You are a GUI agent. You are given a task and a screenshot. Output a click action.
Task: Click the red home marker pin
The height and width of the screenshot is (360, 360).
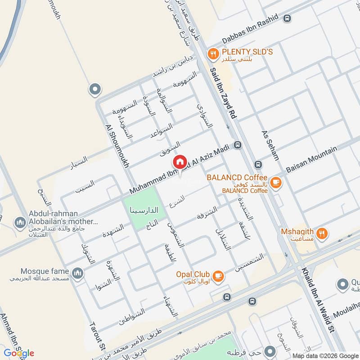click(x=180, y=162)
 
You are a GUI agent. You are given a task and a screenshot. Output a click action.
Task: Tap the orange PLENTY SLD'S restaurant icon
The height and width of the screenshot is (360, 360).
click(x=213, y=54)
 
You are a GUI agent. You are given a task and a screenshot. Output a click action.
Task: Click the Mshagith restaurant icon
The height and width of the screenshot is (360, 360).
click(x=321, y=233)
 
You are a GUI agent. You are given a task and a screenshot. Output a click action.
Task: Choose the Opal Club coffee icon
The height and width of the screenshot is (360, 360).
click(x=218, y=275)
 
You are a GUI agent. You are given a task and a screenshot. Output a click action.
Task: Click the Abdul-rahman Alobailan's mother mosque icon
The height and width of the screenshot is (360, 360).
click(x=20, y=222)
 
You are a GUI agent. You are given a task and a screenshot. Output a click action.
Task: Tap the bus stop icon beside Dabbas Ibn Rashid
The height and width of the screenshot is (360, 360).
click(x=287, y=18)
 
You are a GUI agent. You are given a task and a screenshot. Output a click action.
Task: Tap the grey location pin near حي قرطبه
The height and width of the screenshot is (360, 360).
click(x=270, y=350)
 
